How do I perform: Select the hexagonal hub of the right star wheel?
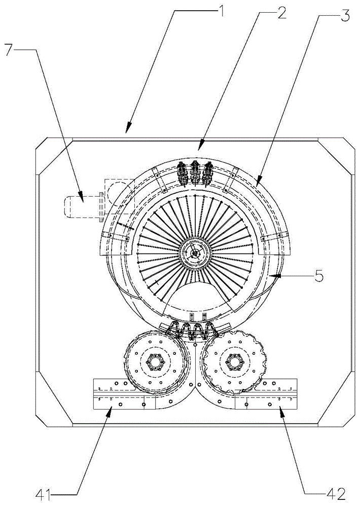point(234,362)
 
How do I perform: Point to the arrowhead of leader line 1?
point(127,132)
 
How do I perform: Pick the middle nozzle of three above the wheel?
point(194,172)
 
